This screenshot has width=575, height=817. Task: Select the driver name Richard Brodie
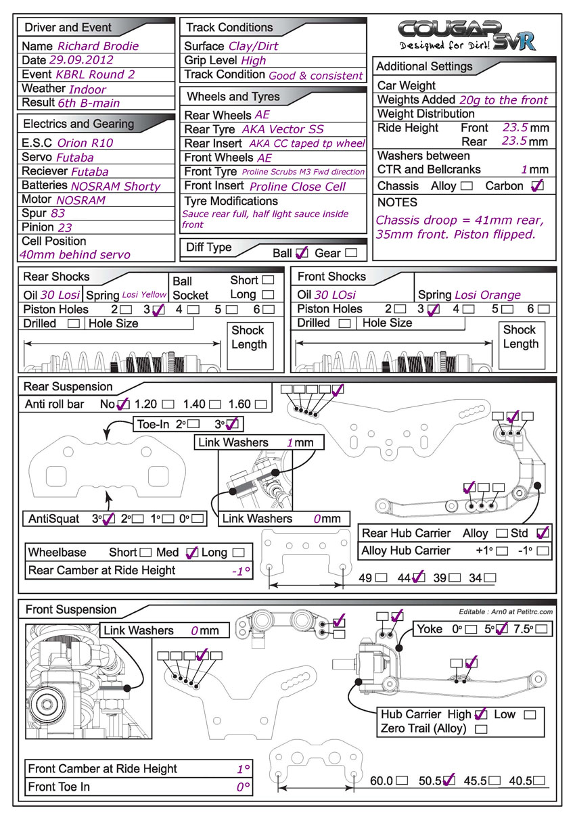98,47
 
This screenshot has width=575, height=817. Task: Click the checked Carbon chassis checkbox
537,186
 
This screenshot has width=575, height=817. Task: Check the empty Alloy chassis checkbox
466,186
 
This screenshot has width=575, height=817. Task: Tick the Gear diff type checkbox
351,253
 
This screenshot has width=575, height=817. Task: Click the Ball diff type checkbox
302,253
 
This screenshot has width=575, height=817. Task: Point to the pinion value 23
65,227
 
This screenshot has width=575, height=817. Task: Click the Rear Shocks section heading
56,277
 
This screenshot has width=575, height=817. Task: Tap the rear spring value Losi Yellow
144,296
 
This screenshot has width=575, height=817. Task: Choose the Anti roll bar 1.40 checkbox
214,404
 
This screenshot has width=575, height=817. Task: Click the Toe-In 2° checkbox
193,425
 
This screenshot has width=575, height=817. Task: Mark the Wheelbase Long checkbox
237,553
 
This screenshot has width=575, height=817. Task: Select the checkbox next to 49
382,578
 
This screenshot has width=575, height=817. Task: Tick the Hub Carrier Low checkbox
530,715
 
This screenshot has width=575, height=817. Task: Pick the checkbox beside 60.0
402,780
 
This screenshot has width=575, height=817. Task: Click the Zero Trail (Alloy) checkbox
482,729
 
